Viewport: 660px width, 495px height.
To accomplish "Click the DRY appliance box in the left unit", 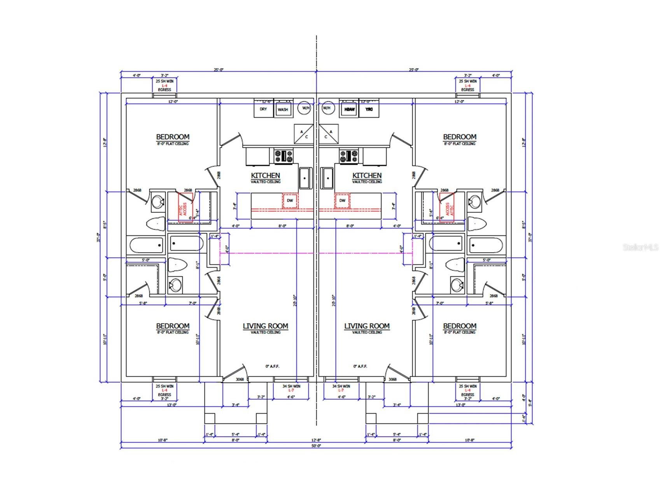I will pos(263,109).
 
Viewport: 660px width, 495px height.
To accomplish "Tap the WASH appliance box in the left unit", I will pos(283,109).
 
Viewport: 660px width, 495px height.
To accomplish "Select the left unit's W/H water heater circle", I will pos(305,108).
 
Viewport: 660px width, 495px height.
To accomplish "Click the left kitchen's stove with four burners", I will pos(284,156).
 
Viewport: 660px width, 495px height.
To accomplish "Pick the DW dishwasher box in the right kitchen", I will pos(342,200).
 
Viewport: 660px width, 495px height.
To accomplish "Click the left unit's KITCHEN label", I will pos(265,176).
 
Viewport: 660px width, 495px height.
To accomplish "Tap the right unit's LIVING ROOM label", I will pos(367,326).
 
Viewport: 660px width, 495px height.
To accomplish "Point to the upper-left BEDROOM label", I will pos(173,137).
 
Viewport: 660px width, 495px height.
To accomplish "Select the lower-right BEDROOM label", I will pos(459,326).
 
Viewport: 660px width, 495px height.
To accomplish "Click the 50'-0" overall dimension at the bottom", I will pos(316,446).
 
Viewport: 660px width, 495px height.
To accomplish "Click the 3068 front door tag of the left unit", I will pos(240,379).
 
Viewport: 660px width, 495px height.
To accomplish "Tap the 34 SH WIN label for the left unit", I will pos(291,386).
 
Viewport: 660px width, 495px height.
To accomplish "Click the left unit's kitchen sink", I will pos(305,178).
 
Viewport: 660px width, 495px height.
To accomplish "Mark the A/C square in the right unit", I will pos(329,134).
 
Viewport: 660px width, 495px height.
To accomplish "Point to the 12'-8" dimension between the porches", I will pos(316,440).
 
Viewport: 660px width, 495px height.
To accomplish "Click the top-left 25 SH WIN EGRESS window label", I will pos(164,85).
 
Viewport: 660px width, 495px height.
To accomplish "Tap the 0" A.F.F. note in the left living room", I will pos(272,367).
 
